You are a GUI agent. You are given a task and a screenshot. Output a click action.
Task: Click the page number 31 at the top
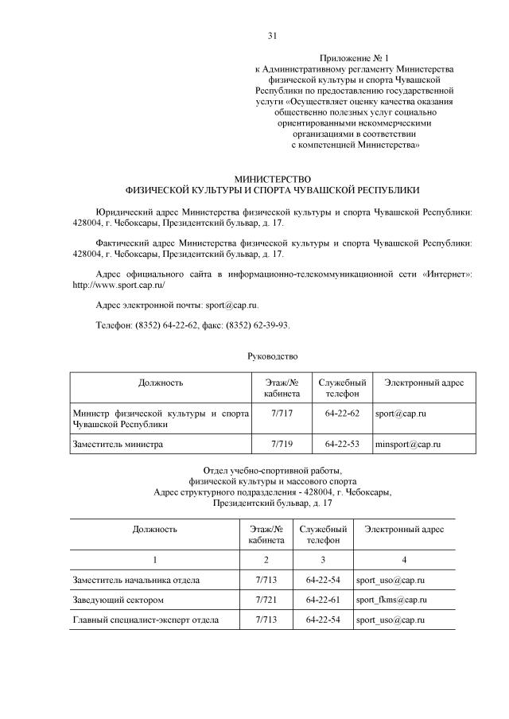[272, 36]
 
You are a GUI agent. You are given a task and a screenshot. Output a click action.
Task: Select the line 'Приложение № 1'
[354, 59]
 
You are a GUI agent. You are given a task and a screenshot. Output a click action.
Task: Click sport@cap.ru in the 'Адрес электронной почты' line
[231, 305]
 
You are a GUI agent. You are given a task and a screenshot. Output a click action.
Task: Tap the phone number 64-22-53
[343, 444]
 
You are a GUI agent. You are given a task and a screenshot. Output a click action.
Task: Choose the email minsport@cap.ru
[407, 444]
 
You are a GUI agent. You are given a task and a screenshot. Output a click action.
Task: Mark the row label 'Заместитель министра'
[118, 444]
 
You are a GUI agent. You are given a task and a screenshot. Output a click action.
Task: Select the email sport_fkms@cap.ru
[391, 599]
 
